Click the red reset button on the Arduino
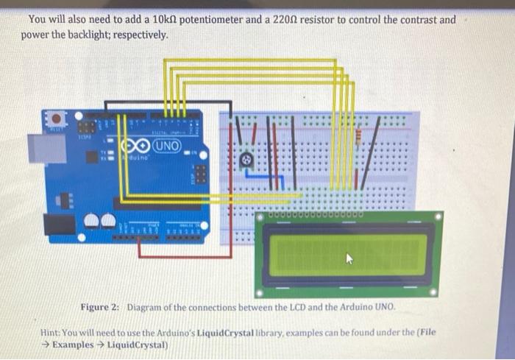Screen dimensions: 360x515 tap(54, 118)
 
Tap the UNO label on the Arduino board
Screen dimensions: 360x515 tap(166, 146)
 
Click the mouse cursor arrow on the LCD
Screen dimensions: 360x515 tap(349, 258)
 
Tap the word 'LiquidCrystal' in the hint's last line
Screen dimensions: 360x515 tap(138, 345)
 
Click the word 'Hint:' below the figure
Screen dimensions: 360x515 tap(53, 332)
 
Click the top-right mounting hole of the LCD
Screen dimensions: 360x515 tap(438, 217)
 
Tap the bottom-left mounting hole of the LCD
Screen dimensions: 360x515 tap(260, 292)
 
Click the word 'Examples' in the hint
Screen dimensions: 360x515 tap(73, 345)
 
